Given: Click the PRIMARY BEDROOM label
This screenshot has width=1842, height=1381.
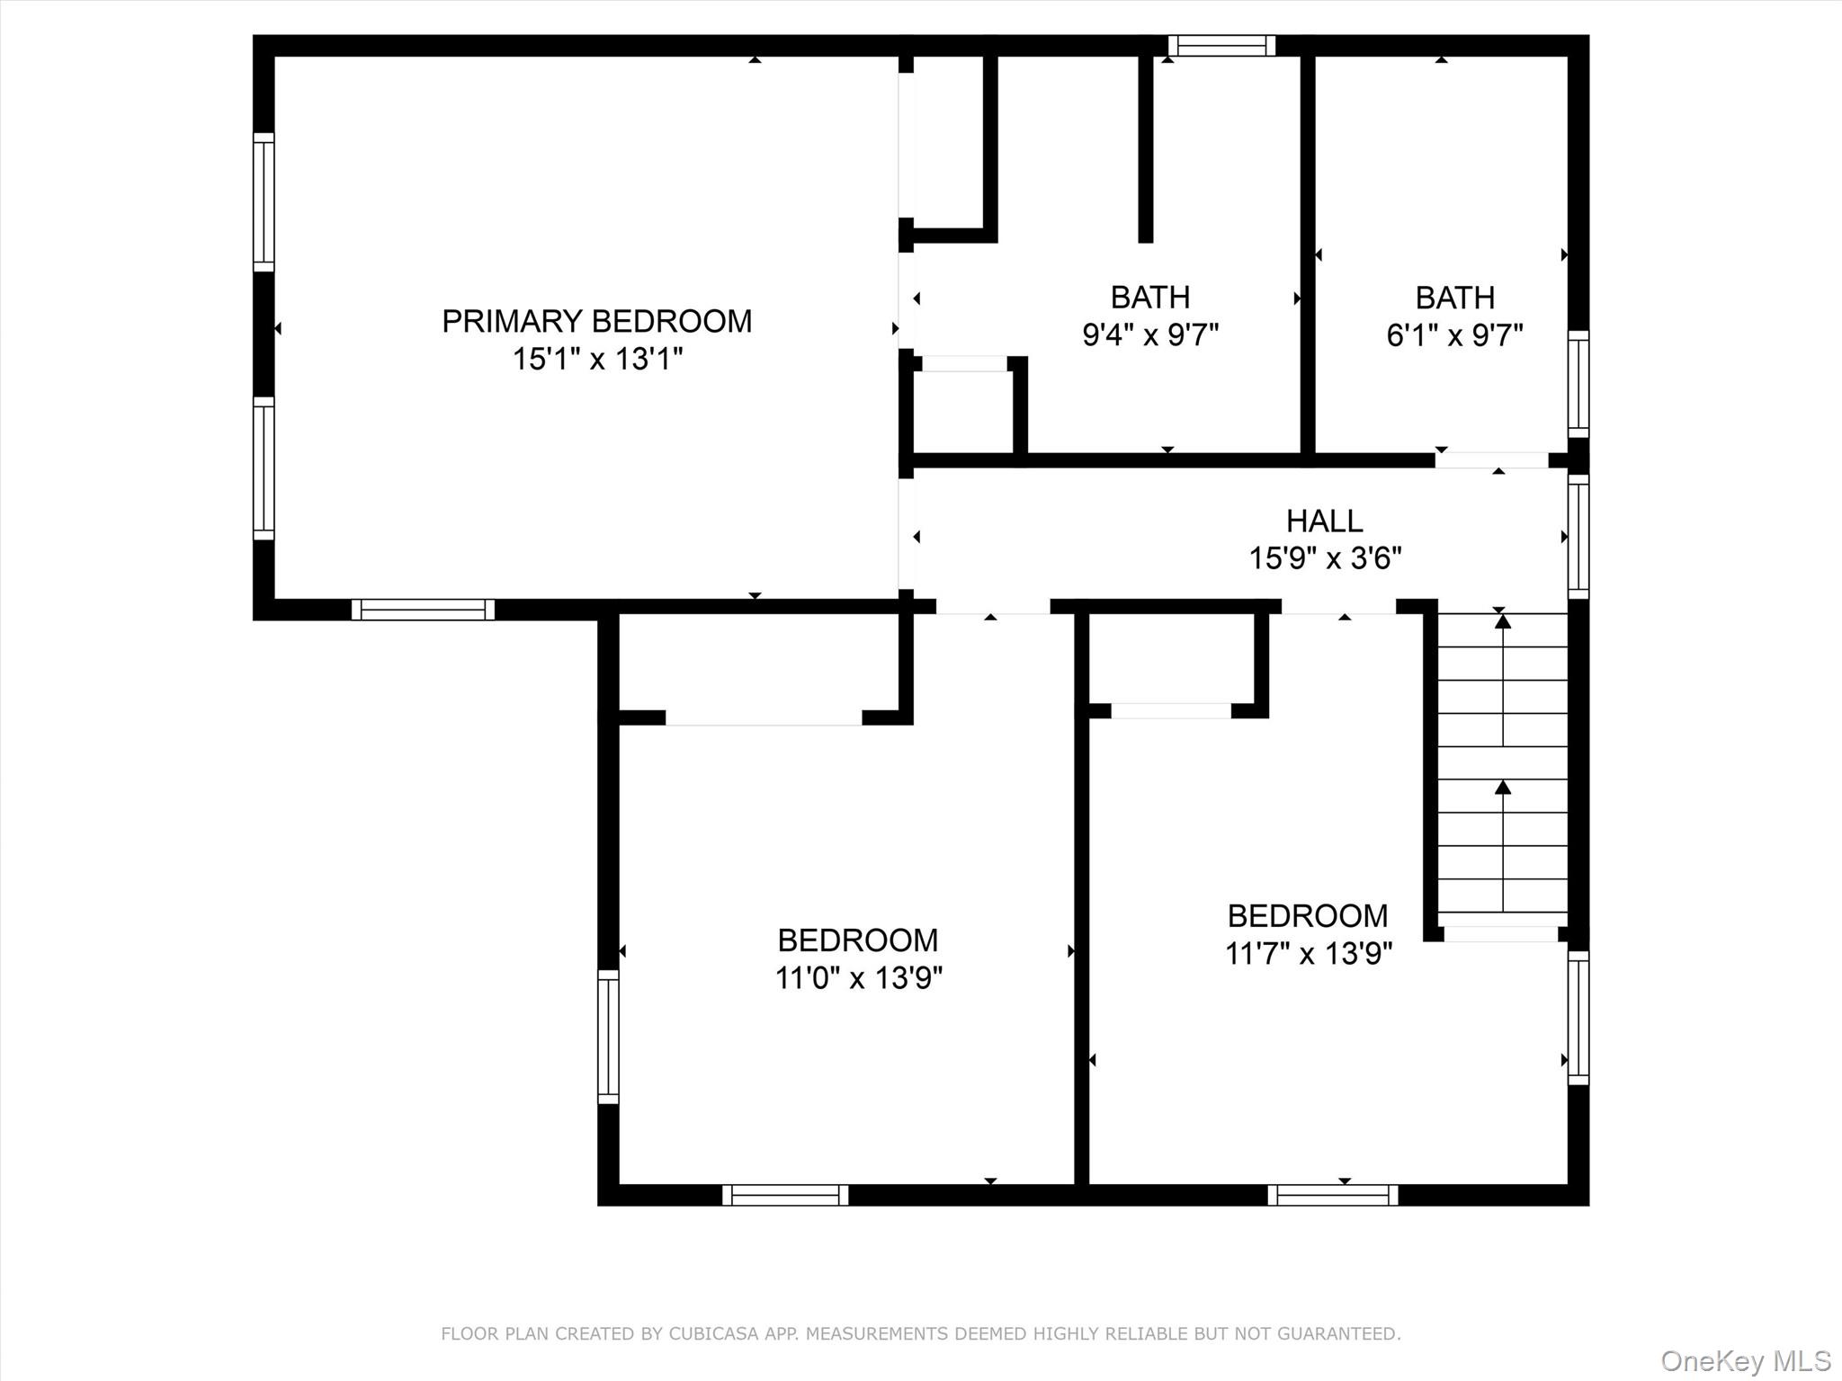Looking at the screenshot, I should [x=596, y=321].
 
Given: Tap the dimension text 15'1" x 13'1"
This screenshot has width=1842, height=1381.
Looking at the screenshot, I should [x=597, y=360].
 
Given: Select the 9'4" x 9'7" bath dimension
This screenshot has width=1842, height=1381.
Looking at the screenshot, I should [x=1149, y=335].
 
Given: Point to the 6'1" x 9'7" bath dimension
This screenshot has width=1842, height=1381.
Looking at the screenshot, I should [x=1454, y=335].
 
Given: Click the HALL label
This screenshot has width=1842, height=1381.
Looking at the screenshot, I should [x=1324, y=521].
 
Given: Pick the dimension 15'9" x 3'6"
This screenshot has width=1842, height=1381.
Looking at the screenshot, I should [x=1325, y=558].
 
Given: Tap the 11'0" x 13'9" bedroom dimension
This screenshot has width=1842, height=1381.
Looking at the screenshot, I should [x=858, y=977].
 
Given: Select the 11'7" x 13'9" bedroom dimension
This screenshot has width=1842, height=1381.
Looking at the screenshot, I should [x=1308, y=953].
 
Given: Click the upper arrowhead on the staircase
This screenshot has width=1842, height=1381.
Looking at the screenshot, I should [x=1503, y=621].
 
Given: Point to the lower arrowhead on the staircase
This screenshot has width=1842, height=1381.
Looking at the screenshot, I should [x=1503, y=788].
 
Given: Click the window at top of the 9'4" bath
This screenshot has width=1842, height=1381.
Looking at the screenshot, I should [x=1221, y=45].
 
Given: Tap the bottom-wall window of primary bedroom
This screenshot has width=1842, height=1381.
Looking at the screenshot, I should [x=423, y=610].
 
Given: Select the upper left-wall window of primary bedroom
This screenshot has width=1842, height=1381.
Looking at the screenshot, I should [x=263, y=201].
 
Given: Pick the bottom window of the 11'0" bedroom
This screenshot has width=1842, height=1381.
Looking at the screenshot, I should [x=785, y=1195].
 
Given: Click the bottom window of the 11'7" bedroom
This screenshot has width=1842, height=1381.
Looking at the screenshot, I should [x=1333, y=1195].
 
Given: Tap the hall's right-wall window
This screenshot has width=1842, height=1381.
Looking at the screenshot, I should [x=1578, y=537].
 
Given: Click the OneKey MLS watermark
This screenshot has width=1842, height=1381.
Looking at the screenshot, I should [x=1745, y=1360].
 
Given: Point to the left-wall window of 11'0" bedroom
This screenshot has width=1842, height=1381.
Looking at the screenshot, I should [x=609, y=1037].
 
